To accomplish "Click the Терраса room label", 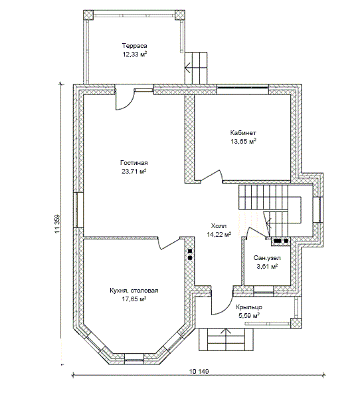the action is [134, 46].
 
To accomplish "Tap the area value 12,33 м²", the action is [135, 55].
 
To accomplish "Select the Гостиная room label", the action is [134, 163].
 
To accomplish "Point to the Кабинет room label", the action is [243, 133].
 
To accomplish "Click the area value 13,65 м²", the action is [243, 141].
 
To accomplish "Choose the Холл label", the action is [219, 226].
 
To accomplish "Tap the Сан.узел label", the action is [267, 258].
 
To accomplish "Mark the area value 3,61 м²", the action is [267, 267].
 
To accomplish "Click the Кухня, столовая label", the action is [134, 291].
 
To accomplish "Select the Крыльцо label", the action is [249, 307].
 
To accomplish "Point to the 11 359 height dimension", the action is [57, 224].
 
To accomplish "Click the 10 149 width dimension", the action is [199, 372].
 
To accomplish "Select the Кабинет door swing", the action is [211, 176].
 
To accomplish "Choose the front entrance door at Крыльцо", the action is [221, 305].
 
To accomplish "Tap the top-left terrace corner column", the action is [88, 15].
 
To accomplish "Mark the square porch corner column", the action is [296, 323].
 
